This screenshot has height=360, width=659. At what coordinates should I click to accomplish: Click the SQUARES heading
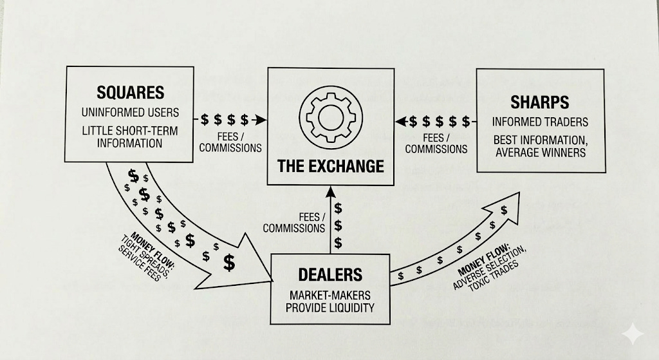tap(131, 91)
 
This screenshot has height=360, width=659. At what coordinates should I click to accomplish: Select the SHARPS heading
tap(539, 102)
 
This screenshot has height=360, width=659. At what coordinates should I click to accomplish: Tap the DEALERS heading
tap(330, 274)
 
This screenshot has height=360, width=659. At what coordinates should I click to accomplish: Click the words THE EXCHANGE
tap(330, 166)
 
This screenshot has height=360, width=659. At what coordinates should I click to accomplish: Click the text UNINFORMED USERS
tap(131, 112)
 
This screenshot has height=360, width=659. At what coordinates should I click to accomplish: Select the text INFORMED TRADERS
tap(540, 122)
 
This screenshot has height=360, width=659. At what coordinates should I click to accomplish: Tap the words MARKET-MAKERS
tap(330, 295)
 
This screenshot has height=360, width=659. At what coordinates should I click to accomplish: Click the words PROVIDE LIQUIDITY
tap(330, 307)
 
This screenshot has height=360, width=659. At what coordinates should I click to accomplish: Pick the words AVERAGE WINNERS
tap(540, 153)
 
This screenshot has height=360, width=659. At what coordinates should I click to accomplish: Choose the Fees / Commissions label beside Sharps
tap(436, 143)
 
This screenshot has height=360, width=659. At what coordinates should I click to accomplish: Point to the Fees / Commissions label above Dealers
tap(294, 222)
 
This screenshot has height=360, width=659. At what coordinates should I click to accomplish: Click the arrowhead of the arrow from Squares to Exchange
tap(261, 120)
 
